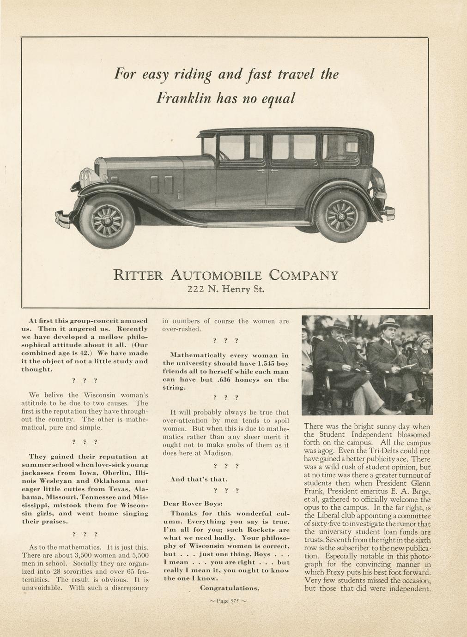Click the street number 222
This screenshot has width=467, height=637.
[194, 290]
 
